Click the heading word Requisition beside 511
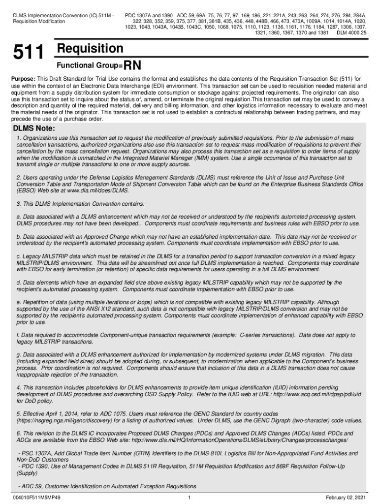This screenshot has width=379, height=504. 90,49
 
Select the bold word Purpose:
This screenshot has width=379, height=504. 24,79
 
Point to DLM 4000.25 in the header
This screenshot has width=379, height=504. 351,33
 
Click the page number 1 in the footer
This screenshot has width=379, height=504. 189,497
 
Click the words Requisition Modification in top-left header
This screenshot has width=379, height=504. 39,22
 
